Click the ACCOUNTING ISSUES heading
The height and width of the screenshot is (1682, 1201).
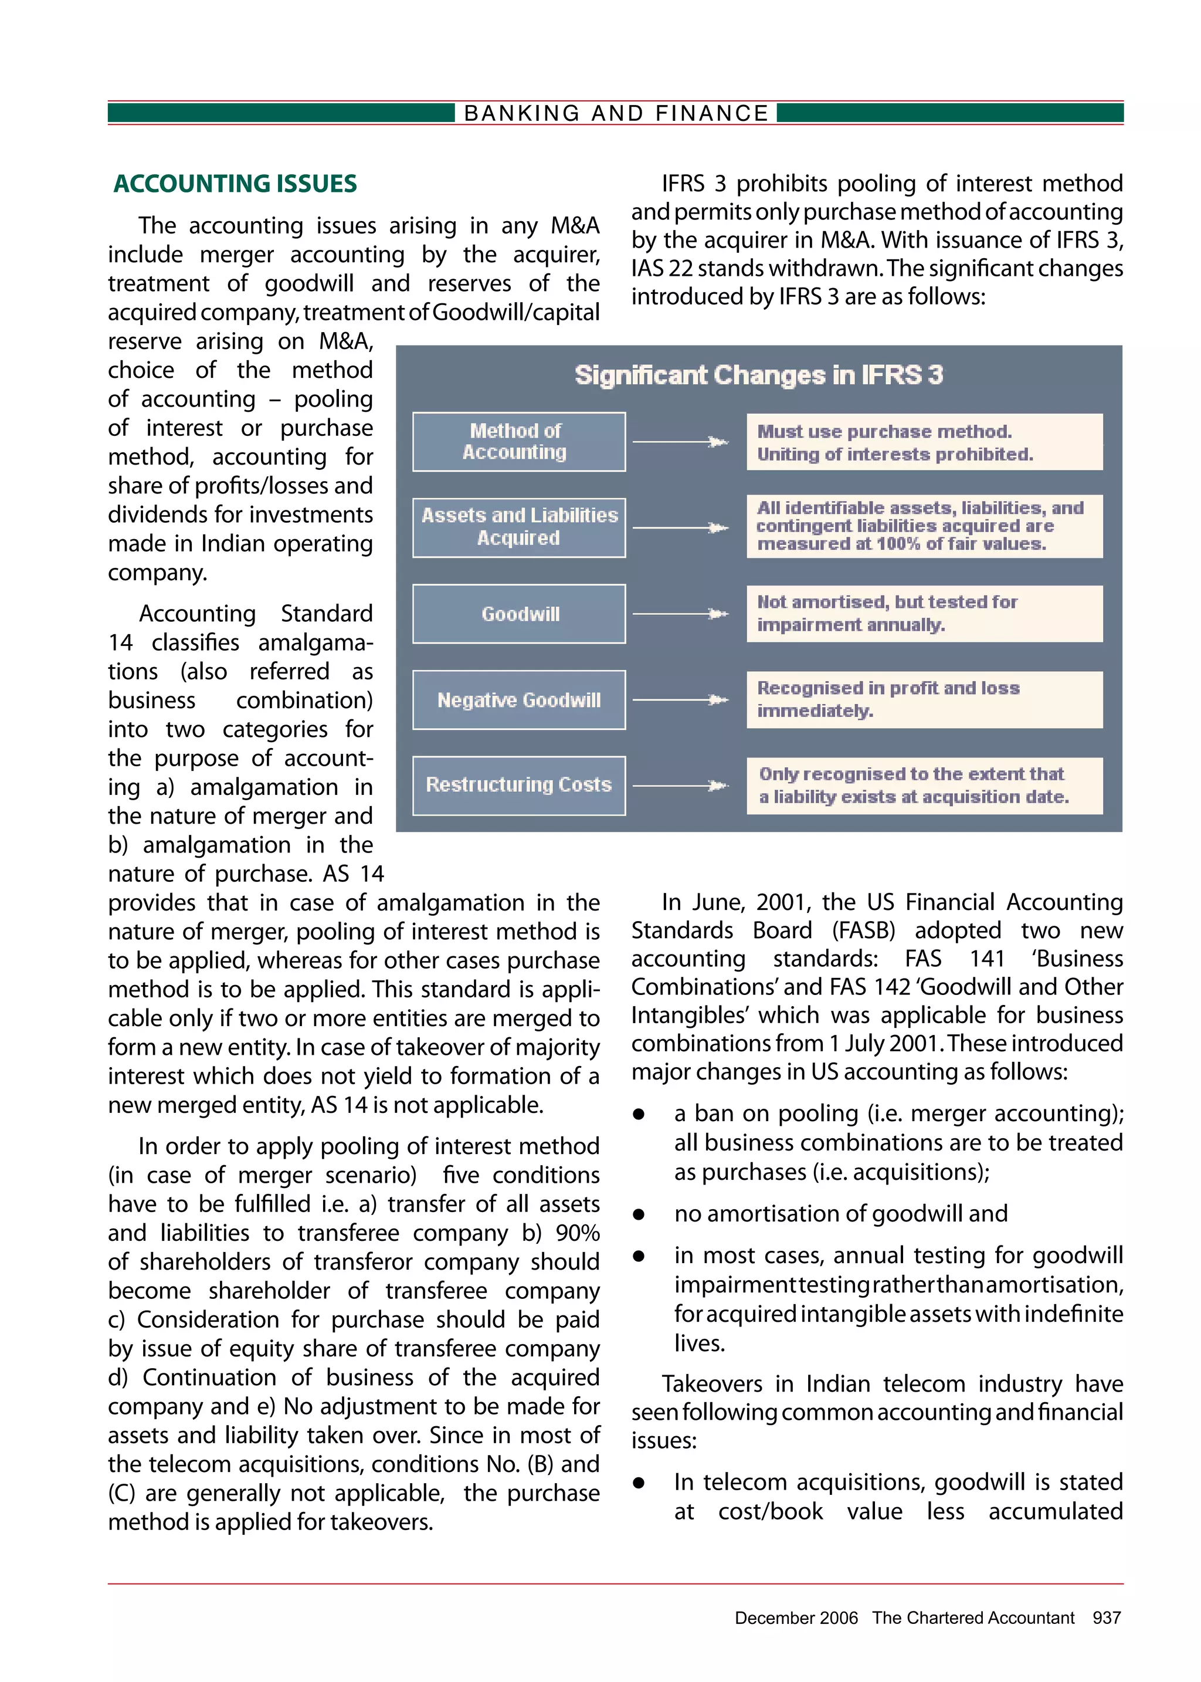click(235, 184)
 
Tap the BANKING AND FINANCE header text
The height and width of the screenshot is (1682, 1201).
click(615, 113)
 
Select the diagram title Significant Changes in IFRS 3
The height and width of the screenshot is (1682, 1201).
click(759, 375)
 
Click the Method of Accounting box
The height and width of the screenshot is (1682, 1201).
click(518, 442)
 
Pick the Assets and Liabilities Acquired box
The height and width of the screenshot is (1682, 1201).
click(518, 527)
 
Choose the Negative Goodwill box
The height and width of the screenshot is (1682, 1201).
click(518, 700)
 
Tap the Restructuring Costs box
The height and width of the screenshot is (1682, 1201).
click(518, 785)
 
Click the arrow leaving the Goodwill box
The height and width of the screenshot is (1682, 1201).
click(680, 614)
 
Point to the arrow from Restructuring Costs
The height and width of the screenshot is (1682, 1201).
click(680, 786)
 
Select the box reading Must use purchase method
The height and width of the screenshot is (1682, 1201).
click(924, 442)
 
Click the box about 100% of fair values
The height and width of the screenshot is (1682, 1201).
click(924, 526)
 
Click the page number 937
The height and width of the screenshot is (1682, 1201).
click(1107, 1617)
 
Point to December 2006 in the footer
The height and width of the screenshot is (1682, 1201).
click(796, 1617)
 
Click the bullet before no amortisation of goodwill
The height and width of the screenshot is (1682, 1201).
click(639, 1214)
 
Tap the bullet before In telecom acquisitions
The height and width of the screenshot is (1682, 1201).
click(639, 1483)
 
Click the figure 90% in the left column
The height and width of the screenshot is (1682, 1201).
click(577, 1233)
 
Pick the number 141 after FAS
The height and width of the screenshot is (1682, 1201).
click(986, 959)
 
